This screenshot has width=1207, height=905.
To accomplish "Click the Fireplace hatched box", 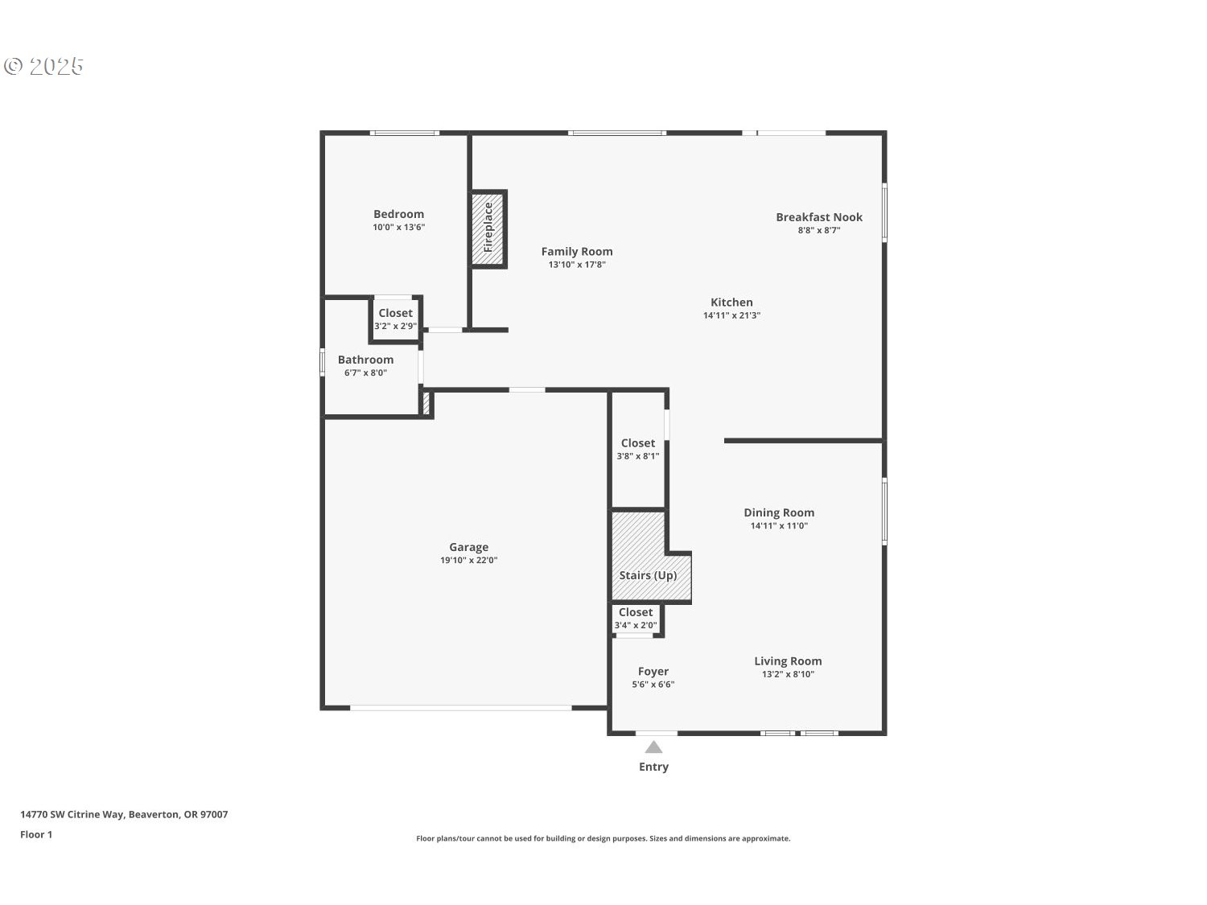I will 488,228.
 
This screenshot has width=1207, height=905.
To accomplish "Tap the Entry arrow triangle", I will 653,747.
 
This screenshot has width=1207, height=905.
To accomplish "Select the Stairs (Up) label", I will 648,575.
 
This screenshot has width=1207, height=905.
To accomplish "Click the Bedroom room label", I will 398,214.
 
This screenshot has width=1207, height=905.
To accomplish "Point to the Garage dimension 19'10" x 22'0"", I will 468,561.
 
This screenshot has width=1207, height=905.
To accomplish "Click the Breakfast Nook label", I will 818,217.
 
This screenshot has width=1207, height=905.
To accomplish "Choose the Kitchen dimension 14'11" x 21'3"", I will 731,315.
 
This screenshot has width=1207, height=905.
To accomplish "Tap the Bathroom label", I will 365,360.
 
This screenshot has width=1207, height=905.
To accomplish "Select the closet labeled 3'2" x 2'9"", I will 395,319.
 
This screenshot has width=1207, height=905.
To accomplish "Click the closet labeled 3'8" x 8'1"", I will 638,449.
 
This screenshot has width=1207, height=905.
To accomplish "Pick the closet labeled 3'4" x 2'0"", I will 636,619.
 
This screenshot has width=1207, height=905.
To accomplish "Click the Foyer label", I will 653,672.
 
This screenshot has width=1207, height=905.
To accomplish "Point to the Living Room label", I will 788,661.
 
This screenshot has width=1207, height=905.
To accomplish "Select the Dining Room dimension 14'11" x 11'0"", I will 779,526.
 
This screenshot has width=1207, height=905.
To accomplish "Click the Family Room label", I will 576,252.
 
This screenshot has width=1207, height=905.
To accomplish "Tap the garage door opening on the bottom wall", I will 460,708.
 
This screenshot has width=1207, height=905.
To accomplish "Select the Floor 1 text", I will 36,834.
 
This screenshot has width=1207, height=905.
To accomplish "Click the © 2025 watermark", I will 44,66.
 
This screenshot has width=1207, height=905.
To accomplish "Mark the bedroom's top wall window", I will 404,133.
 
